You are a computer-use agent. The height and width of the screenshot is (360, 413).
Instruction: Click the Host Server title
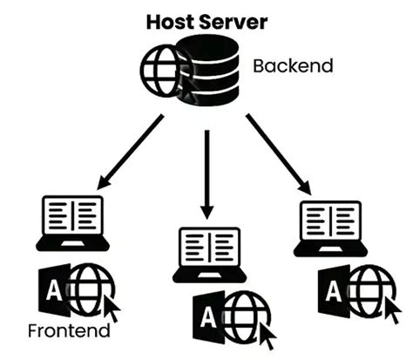point(206,20)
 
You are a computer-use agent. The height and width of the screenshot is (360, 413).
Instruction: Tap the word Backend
point(293,65)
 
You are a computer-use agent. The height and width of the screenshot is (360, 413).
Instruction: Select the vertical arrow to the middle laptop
point(206,174)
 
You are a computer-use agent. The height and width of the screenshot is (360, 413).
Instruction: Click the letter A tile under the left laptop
point(53,291)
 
